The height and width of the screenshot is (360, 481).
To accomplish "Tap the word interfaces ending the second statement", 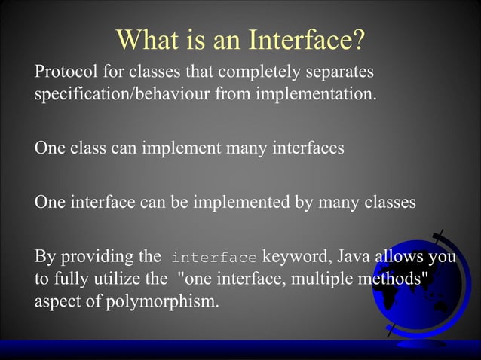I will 306,148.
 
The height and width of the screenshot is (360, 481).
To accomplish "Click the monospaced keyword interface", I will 214,258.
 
